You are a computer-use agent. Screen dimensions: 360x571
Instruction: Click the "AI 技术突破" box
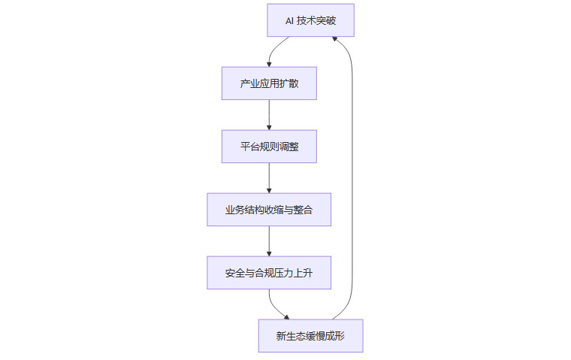pos(310,20)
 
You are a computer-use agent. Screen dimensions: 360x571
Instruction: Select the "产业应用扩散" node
pos(269,83)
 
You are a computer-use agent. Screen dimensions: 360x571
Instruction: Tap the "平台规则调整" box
pos(269,147)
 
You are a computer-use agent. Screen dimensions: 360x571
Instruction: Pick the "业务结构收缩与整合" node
pos(269,210)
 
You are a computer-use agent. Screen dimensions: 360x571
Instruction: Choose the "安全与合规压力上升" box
pos(269,273)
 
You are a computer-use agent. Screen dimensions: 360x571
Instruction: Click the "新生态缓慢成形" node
pos(310,336)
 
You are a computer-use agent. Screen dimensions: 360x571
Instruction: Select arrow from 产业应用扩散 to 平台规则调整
pos(269,114)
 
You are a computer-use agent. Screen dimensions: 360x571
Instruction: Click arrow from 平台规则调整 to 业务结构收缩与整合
pos(269,177)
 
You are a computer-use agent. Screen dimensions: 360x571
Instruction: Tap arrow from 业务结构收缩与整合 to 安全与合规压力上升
pos(269,241)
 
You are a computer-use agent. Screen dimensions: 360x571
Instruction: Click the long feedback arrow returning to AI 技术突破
pos(352,180)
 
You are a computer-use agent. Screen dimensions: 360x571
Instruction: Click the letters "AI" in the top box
pos(289,20)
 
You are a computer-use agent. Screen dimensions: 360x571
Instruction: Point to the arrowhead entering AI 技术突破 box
pos(335,39)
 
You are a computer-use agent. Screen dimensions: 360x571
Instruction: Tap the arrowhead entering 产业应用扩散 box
pos(269,64)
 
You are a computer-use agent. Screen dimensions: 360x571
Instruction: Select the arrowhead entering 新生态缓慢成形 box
pos(285,317)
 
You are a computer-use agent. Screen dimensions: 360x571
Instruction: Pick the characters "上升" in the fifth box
pos(303,273)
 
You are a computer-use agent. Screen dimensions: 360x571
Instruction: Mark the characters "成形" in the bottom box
pos(335,336)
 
